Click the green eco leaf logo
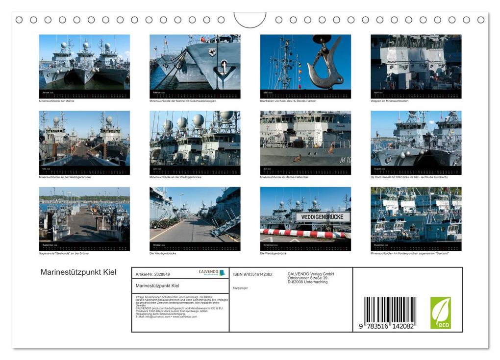(440, 313)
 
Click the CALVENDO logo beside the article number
(212, 273)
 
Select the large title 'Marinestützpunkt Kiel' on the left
(78, 272)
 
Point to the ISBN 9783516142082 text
(252, 274)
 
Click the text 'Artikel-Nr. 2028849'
(152, 274)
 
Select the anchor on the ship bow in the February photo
(225, 70)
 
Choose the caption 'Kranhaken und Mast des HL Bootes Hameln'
(288, 101)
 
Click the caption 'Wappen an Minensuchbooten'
(389, 101)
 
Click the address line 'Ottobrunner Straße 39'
(307, 278)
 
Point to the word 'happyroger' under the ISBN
(240, 288)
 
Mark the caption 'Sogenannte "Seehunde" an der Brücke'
(64, 253)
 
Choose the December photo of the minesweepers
(416, 215)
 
